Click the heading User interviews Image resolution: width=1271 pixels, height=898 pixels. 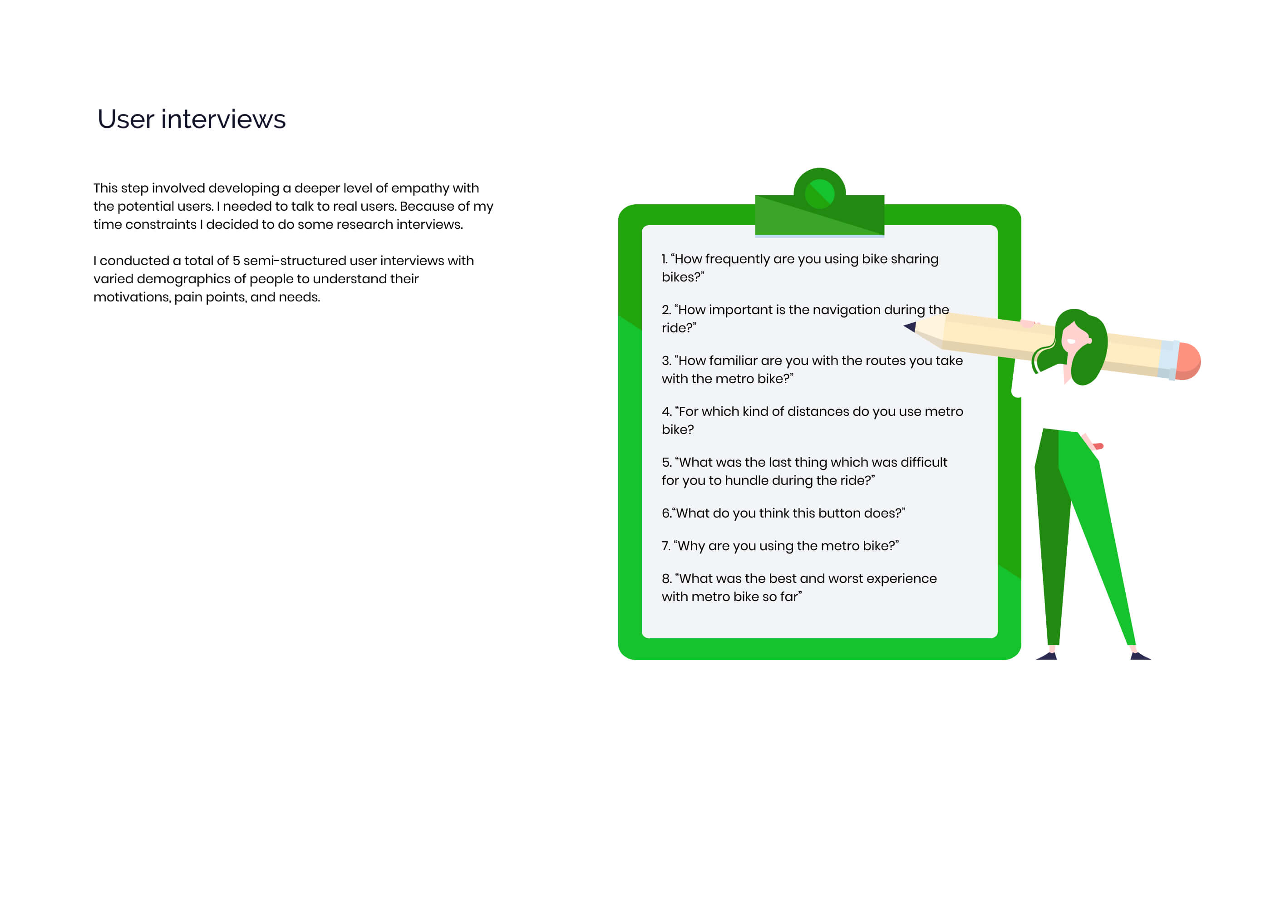point(192,119)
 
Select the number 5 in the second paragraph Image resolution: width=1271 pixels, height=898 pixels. point(236,261)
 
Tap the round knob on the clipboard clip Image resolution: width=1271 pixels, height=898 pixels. point(819,193)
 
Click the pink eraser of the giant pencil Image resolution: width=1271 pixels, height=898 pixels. point(1188,361)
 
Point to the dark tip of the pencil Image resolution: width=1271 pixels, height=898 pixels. point(910,326)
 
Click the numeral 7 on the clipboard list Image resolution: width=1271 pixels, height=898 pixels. point(665,546)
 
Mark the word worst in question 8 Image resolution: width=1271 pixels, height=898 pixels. point(844,578)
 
